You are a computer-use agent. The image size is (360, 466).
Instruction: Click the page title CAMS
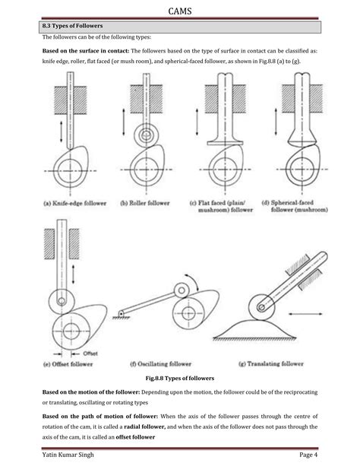[x=180, y=11]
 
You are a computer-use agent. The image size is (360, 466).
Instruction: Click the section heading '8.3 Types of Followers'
[x=72, y=26]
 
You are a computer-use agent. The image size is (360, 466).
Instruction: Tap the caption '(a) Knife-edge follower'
[x=75, y=203]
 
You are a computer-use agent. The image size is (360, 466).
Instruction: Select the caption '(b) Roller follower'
[x=145, y=203]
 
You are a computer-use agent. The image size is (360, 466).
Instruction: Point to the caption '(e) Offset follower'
[x=68, y=364]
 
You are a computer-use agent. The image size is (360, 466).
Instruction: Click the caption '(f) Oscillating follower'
[x=161, y=364]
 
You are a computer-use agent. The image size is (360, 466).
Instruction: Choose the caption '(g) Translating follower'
[x=271, y=364]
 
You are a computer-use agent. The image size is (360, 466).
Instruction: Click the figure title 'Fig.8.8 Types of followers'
[x=180, y=379]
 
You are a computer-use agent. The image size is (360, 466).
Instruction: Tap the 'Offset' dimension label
[x=90, y=353]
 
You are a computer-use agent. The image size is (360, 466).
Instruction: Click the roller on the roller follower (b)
[x=146, y=135]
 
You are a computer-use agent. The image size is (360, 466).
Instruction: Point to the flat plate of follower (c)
[x=225, y=143]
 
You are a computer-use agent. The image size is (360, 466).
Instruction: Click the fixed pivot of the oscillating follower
[x=121, y=314]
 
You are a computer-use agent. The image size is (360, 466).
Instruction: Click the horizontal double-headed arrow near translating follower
[x=305, y=313]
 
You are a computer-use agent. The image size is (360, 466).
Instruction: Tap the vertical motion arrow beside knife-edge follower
[x=62, y=132]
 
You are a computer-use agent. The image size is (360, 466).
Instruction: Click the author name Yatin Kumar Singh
[x=68, y=455]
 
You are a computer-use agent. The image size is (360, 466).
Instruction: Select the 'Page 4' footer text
[x=308, y=455]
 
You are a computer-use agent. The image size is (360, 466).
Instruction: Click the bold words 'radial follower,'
[x=144, y=426]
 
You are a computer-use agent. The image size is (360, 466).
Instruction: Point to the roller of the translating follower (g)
[x=261, y=307]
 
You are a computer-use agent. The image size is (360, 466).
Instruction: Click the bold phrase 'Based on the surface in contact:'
[x=86, y=51]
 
